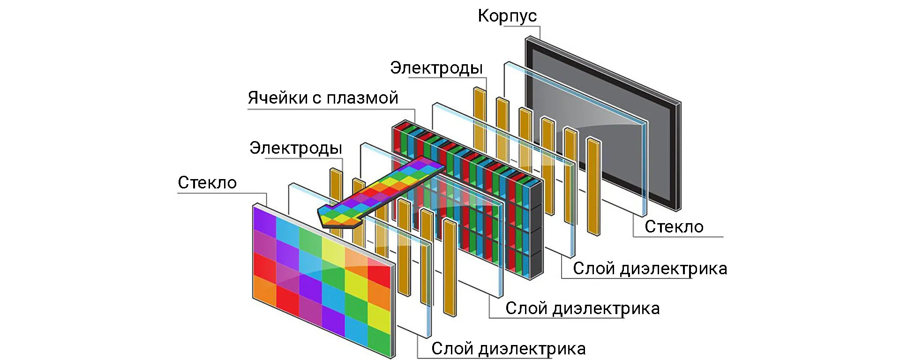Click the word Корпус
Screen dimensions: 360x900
point(507,16)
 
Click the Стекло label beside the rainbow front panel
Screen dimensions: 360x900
point(207,183)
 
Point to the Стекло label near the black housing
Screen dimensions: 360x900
point(674,227)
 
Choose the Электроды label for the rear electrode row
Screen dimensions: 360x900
point(436,68)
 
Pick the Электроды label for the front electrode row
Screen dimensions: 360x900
point(295,148)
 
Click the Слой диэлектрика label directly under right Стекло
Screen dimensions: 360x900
point(650,269)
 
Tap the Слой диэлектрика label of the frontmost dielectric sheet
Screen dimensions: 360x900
point(508,349)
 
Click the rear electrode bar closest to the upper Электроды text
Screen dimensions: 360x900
point(480,117)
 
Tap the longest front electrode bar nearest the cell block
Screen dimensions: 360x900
point(450,267)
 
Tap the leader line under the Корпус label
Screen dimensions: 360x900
point(523,26)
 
